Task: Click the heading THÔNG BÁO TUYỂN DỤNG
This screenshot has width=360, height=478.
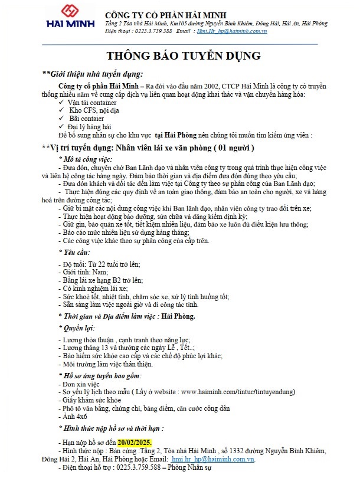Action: coord(183,57)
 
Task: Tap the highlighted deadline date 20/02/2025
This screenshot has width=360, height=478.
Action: coord(135,442)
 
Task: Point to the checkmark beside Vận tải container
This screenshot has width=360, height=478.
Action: coord(63,103)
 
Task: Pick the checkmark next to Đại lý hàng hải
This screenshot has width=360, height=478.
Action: coord(63,126)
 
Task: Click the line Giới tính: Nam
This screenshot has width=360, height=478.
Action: coord(85,271)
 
